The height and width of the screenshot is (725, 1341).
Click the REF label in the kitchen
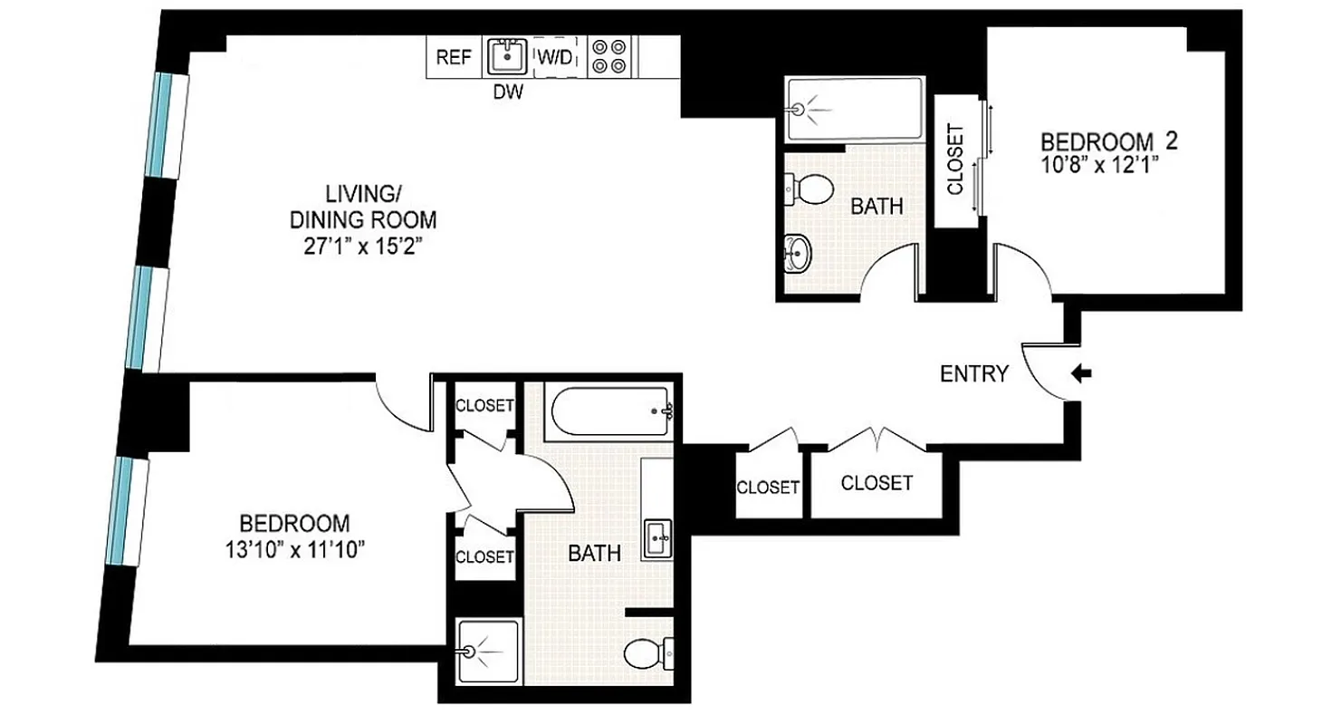pyautogui.click(x=454, y=57)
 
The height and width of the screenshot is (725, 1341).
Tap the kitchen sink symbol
pyautogui.click(x=507, y=57)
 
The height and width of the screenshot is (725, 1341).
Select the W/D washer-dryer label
pyautogui.click(x=555, y=57)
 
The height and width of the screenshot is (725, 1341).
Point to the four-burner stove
pyautogui.click(x=609, y=56)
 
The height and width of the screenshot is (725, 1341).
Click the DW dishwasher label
pyautogui.click(x=507, y=92)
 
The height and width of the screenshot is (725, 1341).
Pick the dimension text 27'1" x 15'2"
pyautogui.click(x=362, y=246)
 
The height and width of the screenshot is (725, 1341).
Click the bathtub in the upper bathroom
pyautogui.click(x=854, y=109)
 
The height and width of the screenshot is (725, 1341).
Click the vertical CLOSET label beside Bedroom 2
pyautogui.click(x=954, y=159)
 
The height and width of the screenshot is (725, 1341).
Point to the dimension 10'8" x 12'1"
pyautogui.click(x=1099, y=165)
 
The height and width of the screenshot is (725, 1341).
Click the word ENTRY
pyautogui.click(x=973, y=374)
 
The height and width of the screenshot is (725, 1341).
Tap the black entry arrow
pyautogui.click(x=1082, y=372)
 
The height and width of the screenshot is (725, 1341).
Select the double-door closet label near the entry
pyautogui.click(x=876, y=483)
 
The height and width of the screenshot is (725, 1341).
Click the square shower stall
pyautogui.click(x=489, y=651)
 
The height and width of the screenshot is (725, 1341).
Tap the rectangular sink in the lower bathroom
pyautogui.click(x=657, y=540)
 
